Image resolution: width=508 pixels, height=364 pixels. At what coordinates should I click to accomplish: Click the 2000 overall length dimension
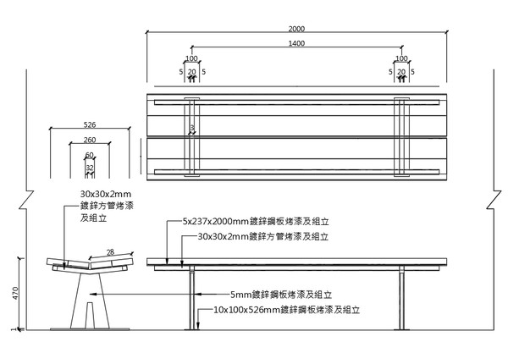296,29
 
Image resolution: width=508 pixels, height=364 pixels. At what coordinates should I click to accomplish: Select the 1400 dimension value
296,42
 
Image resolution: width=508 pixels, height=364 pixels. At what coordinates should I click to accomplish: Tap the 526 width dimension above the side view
89,124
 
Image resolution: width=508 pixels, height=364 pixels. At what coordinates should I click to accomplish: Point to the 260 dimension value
90,140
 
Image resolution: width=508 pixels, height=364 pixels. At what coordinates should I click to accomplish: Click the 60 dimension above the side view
90,155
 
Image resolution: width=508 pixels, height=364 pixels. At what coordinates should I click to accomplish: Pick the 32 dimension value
90,168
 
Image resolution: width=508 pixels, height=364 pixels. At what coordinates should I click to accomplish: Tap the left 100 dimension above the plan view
191,59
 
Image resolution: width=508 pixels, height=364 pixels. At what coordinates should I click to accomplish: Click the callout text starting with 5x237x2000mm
255,222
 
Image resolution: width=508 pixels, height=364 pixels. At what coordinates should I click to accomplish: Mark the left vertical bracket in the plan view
192,138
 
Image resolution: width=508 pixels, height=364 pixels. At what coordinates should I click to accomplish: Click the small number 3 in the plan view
192,129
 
